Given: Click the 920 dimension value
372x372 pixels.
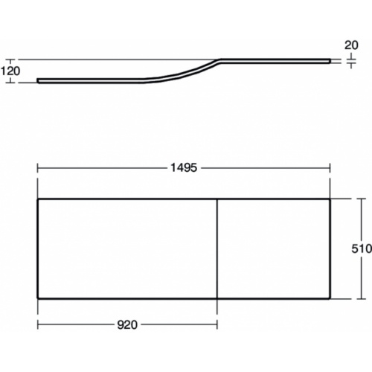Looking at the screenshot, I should coord(127,324).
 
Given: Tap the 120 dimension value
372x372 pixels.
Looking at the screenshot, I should coord(10,71).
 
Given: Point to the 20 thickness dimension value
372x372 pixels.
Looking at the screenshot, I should coord(350,45).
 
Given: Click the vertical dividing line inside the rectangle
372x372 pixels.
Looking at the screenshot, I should coord(217,248).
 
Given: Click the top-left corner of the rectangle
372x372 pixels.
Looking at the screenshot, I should coord(37,199).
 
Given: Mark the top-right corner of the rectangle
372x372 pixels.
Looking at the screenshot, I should coord(331,199).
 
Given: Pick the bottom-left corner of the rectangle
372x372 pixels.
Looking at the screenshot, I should coord(37,298).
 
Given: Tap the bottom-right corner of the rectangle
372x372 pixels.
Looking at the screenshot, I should coord(331,298).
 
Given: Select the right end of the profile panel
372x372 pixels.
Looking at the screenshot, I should coord(330,60).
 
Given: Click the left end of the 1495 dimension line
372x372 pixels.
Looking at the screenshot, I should coord(37,168).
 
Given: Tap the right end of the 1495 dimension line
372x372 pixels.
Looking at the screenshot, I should coord(331,168).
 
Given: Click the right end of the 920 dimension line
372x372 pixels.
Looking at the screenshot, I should coord(217,324).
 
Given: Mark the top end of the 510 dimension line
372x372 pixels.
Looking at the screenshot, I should coord(362,199).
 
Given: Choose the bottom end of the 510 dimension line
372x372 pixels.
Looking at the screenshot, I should coord(362,298).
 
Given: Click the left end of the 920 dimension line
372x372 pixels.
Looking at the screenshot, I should coord(37,324).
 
